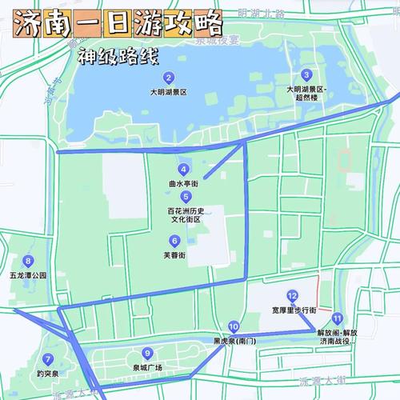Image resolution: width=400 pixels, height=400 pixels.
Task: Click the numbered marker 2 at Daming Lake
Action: tap(169, 78)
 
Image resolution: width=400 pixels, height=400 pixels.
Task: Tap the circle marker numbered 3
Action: tap(306, 75)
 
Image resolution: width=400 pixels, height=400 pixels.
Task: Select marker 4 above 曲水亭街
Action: tap(184, 169)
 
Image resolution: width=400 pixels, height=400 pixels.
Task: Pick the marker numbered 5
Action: tap(186, 196)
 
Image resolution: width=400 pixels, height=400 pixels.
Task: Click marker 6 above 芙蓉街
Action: tap(174, 240)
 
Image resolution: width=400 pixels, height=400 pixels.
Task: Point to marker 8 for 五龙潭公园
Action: tap(29, 261)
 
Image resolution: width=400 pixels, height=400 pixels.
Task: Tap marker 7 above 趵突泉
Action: tap(49, 359)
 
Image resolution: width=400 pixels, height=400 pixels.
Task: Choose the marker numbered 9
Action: tap(147, 354)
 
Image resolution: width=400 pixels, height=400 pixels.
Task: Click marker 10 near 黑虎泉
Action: tap(233, 326)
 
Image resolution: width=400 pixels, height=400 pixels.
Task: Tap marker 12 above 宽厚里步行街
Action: tap(293, 295)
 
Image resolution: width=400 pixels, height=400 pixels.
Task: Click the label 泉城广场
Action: tap(147, 368)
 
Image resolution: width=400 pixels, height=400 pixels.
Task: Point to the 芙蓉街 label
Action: tap(174, 254)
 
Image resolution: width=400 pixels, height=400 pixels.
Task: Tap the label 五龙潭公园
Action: tap(29, 275)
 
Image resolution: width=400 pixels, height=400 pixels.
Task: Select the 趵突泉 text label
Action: tap(49, 374)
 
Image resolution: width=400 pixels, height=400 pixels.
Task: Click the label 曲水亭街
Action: tap(184, 183)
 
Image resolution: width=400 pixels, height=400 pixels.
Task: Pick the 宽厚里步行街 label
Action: tap(294, 310)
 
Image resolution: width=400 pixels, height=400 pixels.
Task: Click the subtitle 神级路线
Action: tap(118, 58)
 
